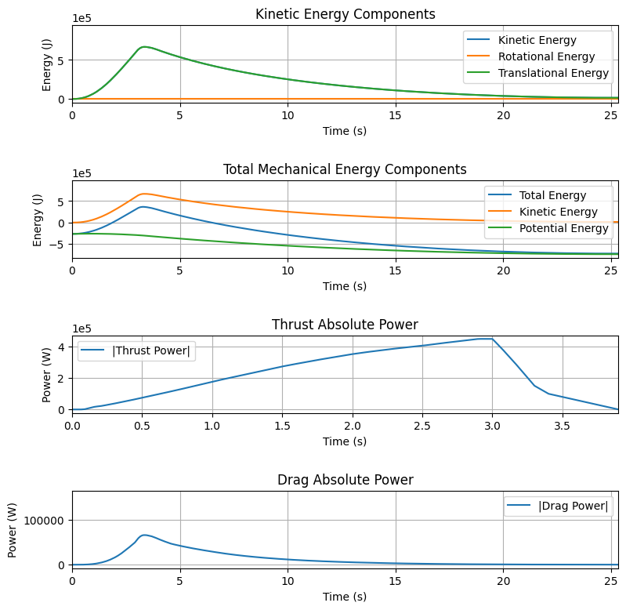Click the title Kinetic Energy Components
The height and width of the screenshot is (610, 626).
345,14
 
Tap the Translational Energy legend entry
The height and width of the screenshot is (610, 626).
537,73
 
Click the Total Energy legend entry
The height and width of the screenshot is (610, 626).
537,195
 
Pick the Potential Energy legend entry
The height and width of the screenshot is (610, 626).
548,228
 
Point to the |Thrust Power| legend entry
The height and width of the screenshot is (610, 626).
136,350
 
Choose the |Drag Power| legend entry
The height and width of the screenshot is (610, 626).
557,506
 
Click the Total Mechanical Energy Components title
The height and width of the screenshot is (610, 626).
345,169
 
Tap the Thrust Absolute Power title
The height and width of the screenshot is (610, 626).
345,325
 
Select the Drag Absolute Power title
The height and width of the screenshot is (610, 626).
345,480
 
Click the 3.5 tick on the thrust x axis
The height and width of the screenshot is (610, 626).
562,426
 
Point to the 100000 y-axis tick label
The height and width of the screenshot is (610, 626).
44,521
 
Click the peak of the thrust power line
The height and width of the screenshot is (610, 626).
486,339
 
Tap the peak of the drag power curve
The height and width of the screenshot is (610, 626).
144,535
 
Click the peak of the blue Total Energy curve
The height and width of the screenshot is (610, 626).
143,207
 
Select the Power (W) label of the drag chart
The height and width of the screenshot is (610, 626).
12,530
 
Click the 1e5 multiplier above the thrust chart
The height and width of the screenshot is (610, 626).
81,329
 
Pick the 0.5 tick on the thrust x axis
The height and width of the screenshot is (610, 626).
142,426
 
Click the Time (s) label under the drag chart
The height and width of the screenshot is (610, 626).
345,597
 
